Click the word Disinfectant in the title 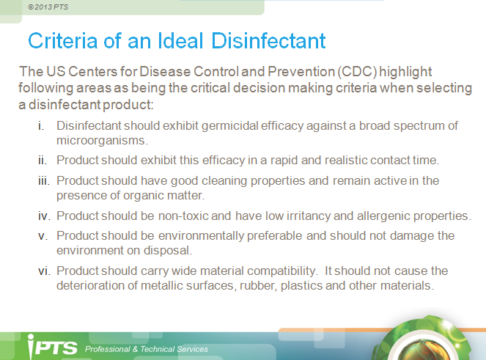click(268, 40)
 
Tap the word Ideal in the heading click(180, 40)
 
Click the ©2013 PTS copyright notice click(48, 7)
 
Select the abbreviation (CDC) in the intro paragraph click(357, 72)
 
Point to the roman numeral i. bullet click(41, 126)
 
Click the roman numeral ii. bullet click(43, 161)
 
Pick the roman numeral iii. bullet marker click(44, 181)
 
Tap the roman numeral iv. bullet click(44, 216)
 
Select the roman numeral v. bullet click(43, 236)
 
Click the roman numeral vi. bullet click(44, 271)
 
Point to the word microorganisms click(103, 141)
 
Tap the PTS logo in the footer click(52, 347)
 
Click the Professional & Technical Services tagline click(147, 349)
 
